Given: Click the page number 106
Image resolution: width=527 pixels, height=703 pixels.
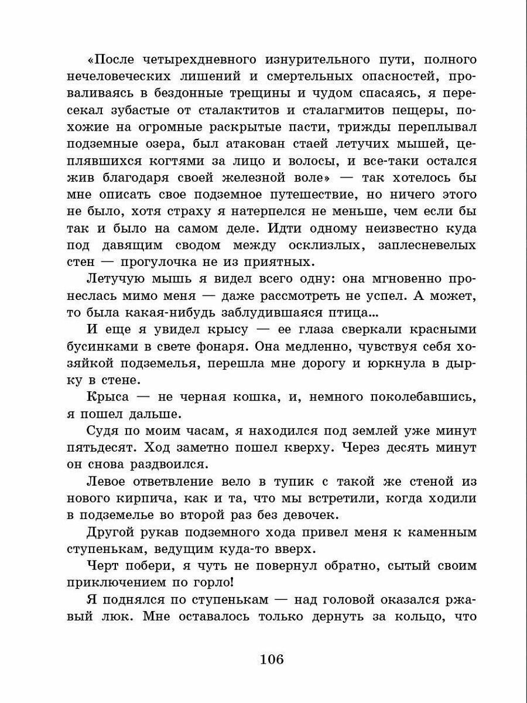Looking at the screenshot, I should (271, 660).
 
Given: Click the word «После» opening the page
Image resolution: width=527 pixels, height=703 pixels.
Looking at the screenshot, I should (116, 60).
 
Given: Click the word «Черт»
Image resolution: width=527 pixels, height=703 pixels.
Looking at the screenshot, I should (103, 566).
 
